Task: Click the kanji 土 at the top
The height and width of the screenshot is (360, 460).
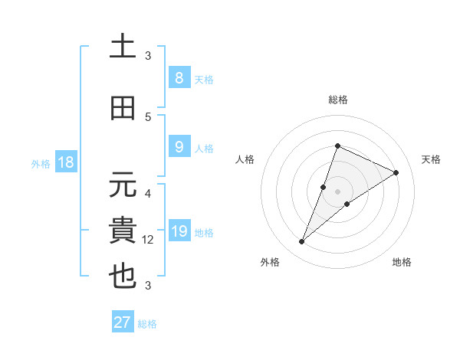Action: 123,47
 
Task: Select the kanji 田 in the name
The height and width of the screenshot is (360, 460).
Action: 123,108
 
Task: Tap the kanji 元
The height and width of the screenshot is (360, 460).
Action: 123,185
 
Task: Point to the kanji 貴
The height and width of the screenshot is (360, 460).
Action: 123,231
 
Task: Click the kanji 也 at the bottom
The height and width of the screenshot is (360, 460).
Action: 123,277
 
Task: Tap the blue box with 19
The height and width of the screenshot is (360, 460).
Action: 179,231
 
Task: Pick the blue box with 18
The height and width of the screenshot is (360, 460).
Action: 64,163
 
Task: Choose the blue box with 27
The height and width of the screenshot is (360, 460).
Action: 122,322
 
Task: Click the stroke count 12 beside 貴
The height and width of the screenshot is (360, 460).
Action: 148,239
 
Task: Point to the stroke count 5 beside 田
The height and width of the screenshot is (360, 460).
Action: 148,116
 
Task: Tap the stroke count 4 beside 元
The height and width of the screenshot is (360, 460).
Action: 148,193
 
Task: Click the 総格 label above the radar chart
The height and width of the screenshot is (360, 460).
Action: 337,100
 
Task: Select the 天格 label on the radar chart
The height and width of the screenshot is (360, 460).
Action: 432,159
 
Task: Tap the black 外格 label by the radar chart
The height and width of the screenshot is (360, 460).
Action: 270,262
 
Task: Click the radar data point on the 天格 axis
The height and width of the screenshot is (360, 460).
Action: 396,172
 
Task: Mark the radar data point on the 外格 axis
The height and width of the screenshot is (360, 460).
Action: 301,242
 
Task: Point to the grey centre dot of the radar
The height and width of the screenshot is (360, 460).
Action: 337,191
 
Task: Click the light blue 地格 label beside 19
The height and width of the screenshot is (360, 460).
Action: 205,232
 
